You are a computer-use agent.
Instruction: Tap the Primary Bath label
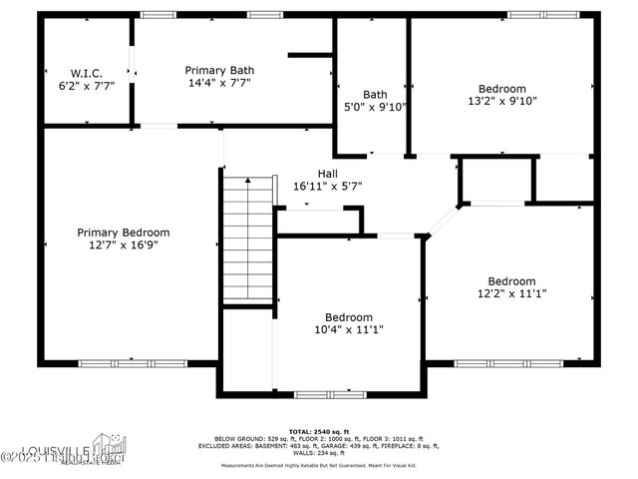pyautogui.click(x=219, y=70)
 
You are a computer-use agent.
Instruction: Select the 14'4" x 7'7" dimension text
pyautogui.click(x=219, y=84)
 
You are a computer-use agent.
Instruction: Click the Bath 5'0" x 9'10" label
pyautogui.click(x=375, y=100)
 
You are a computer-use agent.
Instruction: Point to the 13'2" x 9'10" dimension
pyautogui.click(x=501, y=101)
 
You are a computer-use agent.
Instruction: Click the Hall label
pyautogui.click(x=327, y=173)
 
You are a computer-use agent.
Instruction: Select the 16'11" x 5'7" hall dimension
pyautogui.click(x=327, y=186)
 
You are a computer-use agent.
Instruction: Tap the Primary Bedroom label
pyautogui.click(x=123, y=233)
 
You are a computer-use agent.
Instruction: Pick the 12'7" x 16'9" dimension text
pyautogui.click(x=123, y=245)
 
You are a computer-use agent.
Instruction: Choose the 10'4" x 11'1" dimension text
pyautogui.click(x=349, y=330)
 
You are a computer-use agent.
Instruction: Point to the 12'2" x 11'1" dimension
pyautogui.click(x=510, y=294)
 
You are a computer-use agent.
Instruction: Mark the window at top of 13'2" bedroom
pyautogui.click(x=543, y=15)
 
